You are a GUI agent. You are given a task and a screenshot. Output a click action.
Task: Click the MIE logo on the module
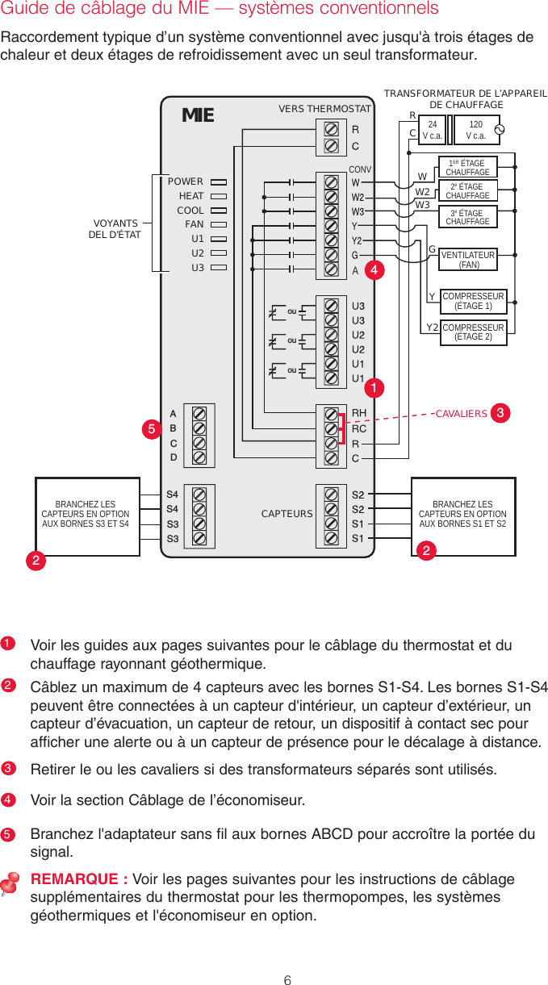[198, 115]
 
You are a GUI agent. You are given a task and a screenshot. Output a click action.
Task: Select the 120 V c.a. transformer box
[475, 130]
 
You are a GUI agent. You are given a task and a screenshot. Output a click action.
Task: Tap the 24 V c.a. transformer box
[433, 130]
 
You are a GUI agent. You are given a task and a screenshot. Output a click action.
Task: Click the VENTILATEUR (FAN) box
[468, 260]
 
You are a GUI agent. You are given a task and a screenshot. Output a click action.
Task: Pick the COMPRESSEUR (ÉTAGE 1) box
[473, 301]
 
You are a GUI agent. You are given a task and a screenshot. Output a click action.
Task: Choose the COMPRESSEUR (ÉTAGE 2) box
[473, 332]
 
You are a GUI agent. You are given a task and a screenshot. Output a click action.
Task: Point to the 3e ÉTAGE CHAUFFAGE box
[467, 218]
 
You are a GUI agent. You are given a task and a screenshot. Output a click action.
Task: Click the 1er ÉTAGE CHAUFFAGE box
[467, 168]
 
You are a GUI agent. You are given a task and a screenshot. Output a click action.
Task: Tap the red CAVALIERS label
[461, 415]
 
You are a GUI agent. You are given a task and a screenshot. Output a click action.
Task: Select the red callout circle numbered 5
[152, 429]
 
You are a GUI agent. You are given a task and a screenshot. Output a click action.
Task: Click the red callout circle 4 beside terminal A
[373, 270]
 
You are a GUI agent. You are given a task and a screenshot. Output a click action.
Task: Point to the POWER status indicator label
[186, 182]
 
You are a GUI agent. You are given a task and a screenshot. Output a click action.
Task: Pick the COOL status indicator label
[190, 211]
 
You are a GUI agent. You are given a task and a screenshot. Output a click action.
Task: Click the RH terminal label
[359, 414]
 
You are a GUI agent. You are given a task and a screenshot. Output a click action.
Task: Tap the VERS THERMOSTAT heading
[324, 109]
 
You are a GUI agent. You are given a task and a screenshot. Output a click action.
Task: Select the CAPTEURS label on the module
[287, 513]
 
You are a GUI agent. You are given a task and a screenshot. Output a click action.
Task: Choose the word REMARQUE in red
[78, 879]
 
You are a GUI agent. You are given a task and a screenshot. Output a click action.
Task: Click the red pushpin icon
[11, 885]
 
